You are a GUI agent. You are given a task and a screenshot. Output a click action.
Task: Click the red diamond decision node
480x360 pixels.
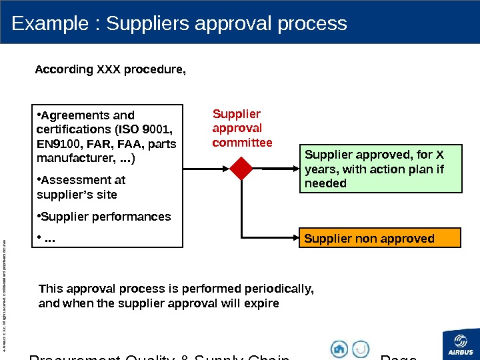[x=241, y=169]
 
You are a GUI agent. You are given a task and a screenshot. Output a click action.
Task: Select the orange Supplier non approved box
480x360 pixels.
[x=381, y=238]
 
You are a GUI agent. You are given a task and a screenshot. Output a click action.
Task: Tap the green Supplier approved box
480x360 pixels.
[x=381, y=169]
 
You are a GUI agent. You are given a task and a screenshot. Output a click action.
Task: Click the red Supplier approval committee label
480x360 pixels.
[x=241, y=128]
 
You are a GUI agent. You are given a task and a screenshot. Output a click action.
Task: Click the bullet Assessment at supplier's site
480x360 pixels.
[x=82, y=187]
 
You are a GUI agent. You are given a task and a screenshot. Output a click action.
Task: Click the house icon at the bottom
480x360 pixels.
[x=340, y=349]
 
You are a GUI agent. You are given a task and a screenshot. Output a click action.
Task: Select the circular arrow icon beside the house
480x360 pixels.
[x=361, y=349]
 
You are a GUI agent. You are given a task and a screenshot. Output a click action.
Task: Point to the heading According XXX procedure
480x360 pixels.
[x=111, y=69]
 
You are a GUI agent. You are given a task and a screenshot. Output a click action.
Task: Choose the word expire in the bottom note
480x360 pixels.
[x=263, y=303]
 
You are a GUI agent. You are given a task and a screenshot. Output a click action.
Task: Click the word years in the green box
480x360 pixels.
[x=319, y=169]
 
